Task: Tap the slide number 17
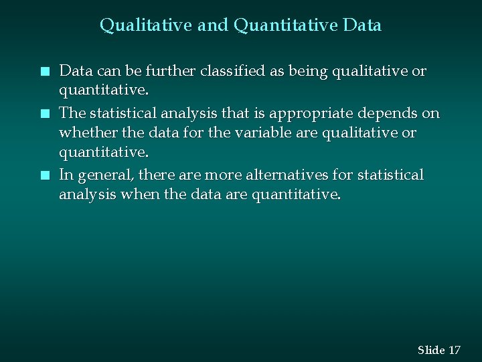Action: (455, 350)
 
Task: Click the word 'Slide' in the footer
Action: (431, 350)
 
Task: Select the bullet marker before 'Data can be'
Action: (44, 71)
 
